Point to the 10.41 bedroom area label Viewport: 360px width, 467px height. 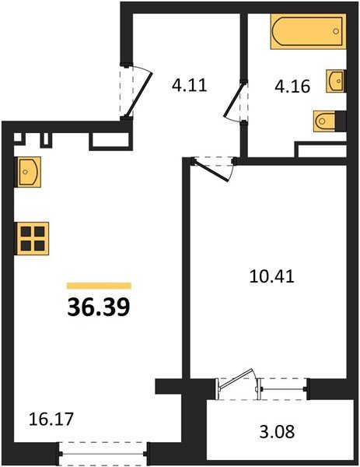(255, 276)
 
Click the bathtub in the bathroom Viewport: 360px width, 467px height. (306, 32)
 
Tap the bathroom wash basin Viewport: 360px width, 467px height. (335, 81)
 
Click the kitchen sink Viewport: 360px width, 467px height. (28, 170)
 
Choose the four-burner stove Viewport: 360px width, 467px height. (32, 237)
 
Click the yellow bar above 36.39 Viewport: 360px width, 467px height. (99, 286)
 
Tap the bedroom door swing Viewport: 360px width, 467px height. (216, 167)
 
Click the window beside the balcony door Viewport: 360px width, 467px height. (285, 385)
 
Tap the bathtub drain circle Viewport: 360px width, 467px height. (335, 32)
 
